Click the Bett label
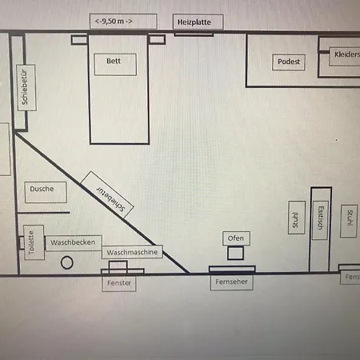tap(114, 61)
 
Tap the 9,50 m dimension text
tap(114, 22)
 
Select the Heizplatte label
tap(194, 22)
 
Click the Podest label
tap(289, 62)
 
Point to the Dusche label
tap(42, 189)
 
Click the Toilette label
tap(31, 242)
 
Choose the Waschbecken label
tap(73, 242)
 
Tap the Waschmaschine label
tap(132, 252)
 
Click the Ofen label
tap(236, 238)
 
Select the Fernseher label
tap(231, 282)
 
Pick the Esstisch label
tap(320, 218)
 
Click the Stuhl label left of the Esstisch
tap(295, 220)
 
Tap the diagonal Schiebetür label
tap(110, 199)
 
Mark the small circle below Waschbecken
tap(66, 262)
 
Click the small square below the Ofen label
tap(235, 253)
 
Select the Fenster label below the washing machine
tap(119, 283)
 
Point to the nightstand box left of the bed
tap(79, 39)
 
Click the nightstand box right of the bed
tap(157, 39)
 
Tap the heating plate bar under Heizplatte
tap(194, 34)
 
